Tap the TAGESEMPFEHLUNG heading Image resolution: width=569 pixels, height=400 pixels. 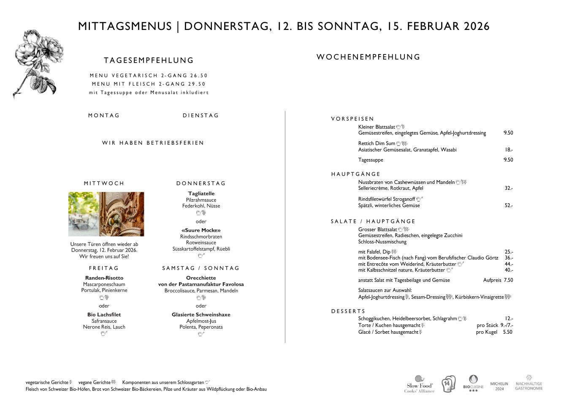coord(149,60)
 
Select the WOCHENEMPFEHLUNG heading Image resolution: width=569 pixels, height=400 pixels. coord(368,57)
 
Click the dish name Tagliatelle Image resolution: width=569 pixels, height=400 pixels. coord(201,194)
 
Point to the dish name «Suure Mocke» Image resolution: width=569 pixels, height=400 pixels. coord(201,230)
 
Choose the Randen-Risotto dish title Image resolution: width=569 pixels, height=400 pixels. coord(104,278)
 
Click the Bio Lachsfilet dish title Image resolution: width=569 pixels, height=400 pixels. coord(104,315)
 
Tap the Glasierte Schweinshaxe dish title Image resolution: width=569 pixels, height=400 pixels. coord(201,315)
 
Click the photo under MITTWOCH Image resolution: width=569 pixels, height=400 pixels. coord(106,214)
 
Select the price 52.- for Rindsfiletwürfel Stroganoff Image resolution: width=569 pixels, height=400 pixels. coord(509,205)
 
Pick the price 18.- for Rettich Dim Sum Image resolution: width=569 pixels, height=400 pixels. coord(509,150)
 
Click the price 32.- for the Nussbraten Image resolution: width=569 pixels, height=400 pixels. coord(509,188)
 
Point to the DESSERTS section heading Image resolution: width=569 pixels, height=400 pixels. coord(348,311)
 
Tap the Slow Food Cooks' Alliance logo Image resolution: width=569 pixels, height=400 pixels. coord(420,384)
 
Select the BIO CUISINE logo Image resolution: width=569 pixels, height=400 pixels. coord(473,384)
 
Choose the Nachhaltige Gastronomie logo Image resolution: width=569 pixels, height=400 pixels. coord(528,383)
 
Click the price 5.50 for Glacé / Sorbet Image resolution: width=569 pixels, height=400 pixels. coord(507,332)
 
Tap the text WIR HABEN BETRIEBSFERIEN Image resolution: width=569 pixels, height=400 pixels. coord(153,143)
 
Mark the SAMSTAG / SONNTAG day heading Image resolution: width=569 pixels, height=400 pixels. coord(201,268)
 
